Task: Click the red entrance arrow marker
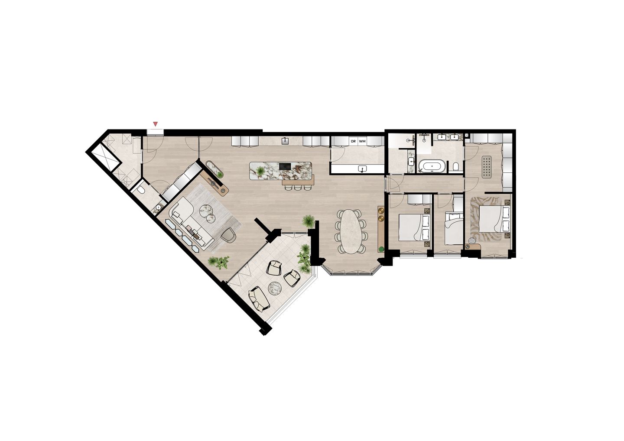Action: tap(156, 124)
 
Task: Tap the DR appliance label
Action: tap(353, 141)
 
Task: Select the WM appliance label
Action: tap(362, 141)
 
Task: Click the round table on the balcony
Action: tap(276, 287)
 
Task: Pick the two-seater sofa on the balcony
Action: tap(259, 298)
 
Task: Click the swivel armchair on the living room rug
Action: tap(228, 235)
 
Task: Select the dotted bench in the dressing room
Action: tap(487, 166)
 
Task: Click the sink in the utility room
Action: tap(362, 169)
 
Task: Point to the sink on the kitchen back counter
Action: tap(286, 140)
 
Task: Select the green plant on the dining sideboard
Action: tap(381, 249)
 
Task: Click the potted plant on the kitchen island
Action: tap(260, 172)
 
